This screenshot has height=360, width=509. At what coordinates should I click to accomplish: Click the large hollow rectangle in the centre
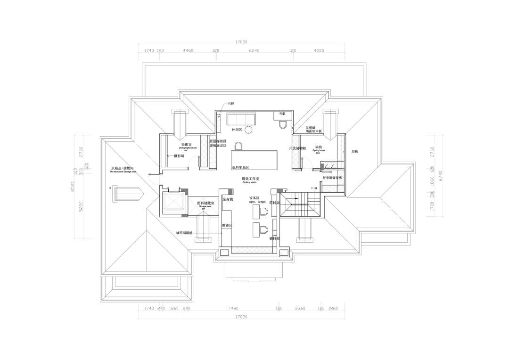coord(254,160)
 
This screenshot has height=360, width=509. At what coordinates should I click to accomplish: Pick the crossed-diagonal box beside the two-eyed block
coord(203,206)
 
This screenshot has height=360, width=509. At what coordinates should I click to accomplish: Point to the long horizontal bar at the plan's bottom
coord(252,250)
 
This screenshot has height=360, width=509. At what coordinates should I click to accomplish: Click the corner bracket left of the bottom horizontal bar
coord(224,252)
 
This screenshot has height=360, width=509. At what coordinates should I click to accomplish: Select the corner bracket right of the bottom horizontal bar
coord(283,252)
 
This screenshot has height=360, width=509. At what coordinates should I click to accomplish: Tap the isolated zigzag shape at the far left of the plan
coord(154,178)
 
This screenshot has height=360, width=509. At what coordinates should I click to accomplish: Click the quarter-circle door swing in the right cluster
coord(327,176)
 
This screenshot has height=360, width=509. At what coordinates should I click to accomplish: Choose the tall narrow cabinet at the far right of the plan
coord(341,148)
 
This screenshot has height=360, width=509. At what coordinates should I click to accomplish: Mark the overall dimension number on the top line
coord(241,43)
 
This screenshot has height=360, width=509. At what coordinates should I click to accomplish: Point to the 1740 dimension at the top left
coord(148,50)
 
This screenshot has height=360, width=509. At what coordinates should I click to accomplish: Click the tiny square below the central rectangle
coord(230,192)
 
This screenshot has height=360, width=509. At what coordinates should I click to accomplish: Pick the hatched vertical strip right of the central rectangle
coord(296,152)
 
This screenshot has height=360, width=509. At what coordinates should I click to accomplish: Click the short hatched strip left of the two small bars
coord(219,123)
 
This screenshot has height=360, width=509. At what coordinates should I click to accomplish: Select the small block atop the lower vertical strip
coord(280,191)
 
